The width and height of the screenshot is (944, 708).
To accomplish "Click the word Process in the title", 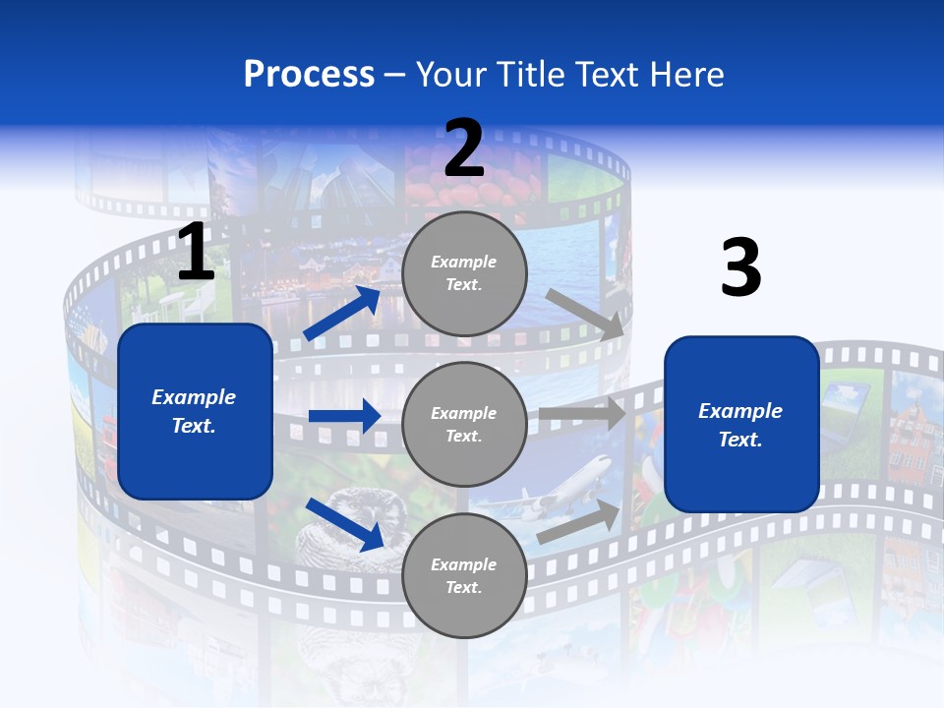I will tap(309, 75).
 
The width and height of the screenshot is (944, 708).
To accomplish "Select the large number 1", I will tap(196, 254).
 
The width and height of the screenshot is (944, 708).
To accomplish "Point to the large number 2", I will tap(464, 148).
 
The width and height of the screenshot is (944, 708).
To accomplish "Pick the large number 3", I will tap(740, 268).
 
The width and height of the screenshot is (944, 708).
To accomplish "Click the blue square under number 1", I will tap(195, 411).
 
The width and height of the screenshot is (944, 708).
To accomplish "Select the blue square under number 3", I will tap(741, 425).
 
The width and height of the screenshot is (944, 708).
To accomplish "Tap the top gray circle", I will tap(464, 273).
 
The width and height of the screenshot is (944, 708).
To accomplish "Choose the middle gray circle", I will tap(464, 424).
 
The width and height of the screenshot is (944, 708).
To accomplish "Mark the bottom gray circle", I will tap(464, 575).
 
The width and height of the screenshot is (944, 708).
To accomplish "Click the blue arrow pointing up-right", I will tap(342, 313).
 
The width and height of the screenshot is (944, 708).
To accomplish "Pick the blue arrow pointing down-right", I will tap(345, 523).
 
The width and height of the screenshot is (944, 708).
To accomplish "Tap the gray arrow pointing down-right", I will tap(584, 314).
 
